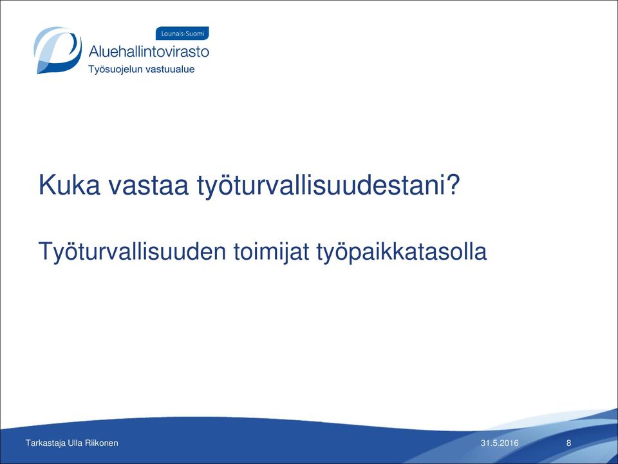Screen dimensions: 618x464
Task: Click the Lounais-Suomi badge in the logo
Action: click(182, 34)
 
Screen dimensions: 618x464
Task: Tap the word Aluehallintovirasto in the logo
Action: click(149, 52)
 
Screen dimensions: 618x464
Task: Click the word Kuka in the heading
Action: click(70, 185)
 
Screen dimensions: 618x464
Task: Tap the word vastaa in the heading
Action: click(149, 186)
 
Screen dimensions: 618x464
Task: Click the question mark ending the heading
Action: click(452, 185)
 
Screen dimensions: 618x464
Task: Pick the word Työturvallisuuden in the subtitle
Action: click(132, 251)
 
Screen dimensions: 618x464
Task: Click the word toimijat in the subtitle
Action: click(272, 251)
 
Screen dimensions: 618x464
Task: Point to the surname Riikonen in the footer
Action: click(101, 443)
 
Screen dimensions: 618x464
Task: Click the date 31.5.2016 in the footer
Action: click(500, 443)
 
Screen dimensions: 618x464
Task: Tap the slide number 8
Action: click(568, 443)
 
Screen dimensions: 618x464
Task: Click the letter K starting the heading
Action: click(46, 185)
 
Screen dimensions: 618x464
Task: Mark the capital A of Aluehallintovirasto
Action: click(95, 52)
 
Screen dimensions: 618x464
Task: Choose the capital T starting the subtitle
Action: click(46, 251)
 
